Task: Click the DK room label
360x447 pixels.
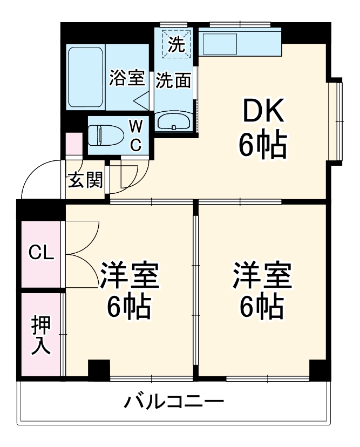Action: [x=263, y=112]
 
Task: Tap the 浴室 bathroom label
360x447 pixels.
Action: [x=127, y=78]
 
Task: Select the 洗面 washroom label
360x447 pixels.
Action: [x=174, y=80]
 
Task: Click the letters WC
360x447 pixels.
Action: [x=137, y=136]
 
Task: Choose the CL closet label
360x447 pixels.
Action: [x=42, y=252]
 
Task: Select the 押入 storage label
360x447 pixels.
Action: [x=41, y=335]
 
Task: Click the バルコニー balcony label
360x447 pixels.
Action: [x=174, y=402]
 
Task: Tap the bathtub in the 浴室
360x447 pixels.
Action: [x=86, y=77]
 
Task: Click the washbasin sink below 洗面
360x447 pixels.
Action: [x=174, y=121]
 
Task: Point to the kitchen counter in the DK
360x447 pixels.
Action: [x=240, y=43]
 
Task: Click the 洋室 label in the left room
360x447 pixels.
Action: [x=128, y=276]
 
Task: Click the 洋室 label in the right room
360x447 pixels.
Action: [x=262, y=276]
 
